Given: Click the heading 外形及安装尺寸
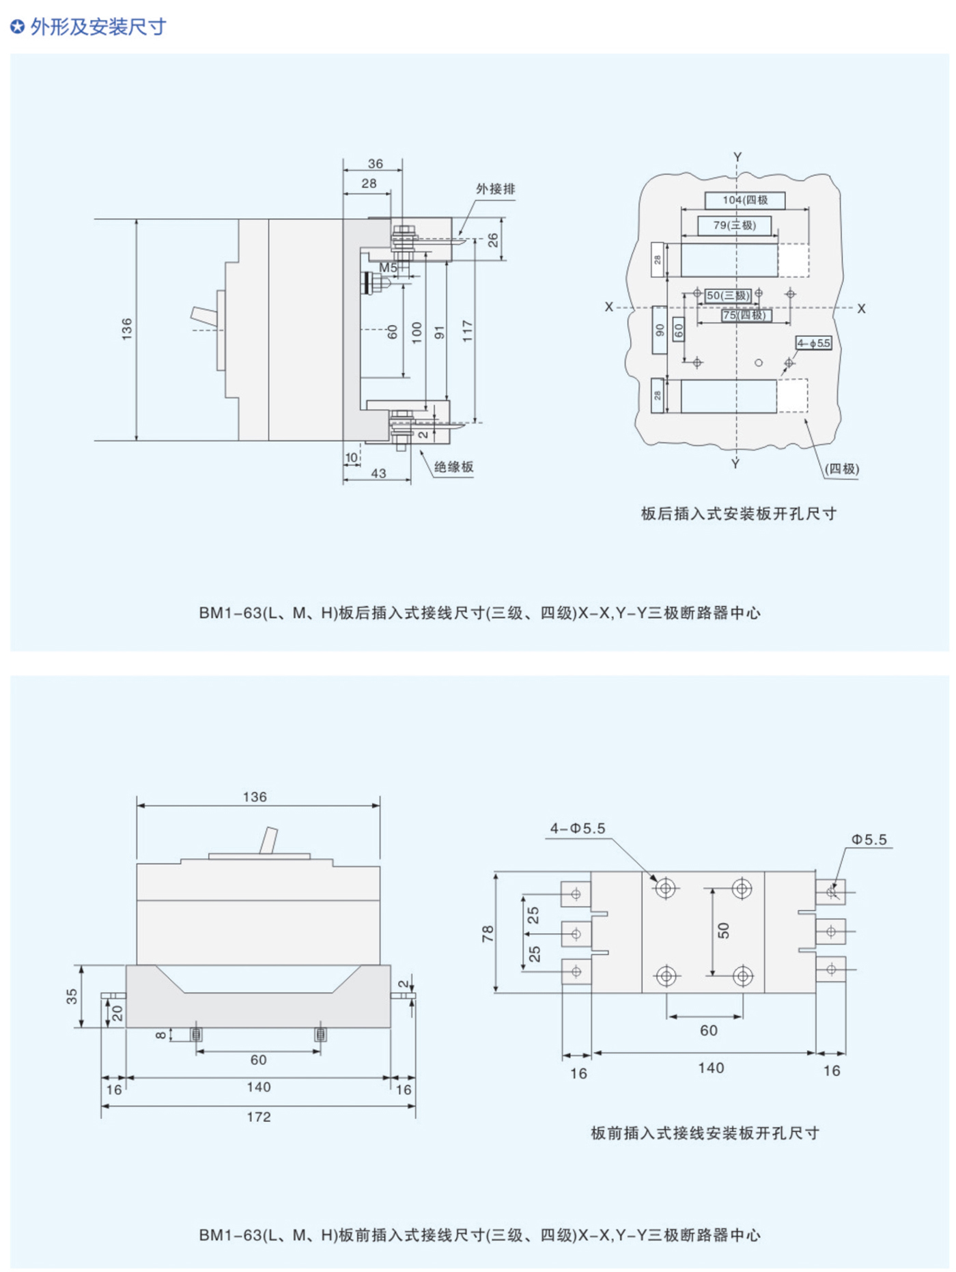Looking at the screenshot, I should coord(98,27).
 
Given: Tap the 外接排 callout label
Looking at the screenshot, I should coord(495,189).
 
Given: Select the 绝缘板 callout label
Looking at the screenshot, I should coord(453,467).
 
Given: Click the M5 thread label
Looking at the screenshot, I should coord(388,268).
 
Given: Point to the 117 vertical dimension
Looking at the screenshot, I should coord(467,331).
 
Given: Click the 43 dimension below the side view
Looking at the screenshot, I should coord(378,473).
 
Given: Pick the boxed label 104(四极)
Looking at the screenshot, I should coord(745,200).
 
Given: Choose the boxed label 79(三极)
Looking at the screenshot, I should coord(735,225).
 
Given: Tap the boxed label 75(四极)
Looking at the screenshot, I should coord(746,315).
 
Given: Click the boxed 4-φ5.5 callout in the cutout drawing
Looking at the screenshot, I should coord(813,343).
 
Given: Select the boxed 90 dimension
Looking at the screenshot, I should coord(660,330).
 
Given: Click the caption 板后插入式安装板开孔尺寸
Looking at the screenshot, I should coord(738,514).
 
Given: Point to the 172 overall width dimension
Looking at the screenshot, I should coord(259,1117).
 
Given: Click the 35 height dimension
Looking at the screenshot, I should coord(72,996).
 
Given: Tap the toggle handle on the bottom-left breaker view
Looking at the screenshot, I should coord(268,840).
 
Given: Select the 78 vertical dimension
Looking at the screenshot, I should coord(488,933).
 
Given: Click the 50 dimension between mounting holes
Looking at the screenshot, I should coord(724,930).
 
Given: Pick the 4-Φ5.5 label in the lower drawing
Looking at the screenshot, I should coord(578,829).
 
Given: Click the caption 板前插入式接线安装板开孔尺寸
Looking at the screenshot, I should coord(705,1133).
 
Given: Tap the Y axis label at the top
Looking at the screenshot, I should coord(737,157).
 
